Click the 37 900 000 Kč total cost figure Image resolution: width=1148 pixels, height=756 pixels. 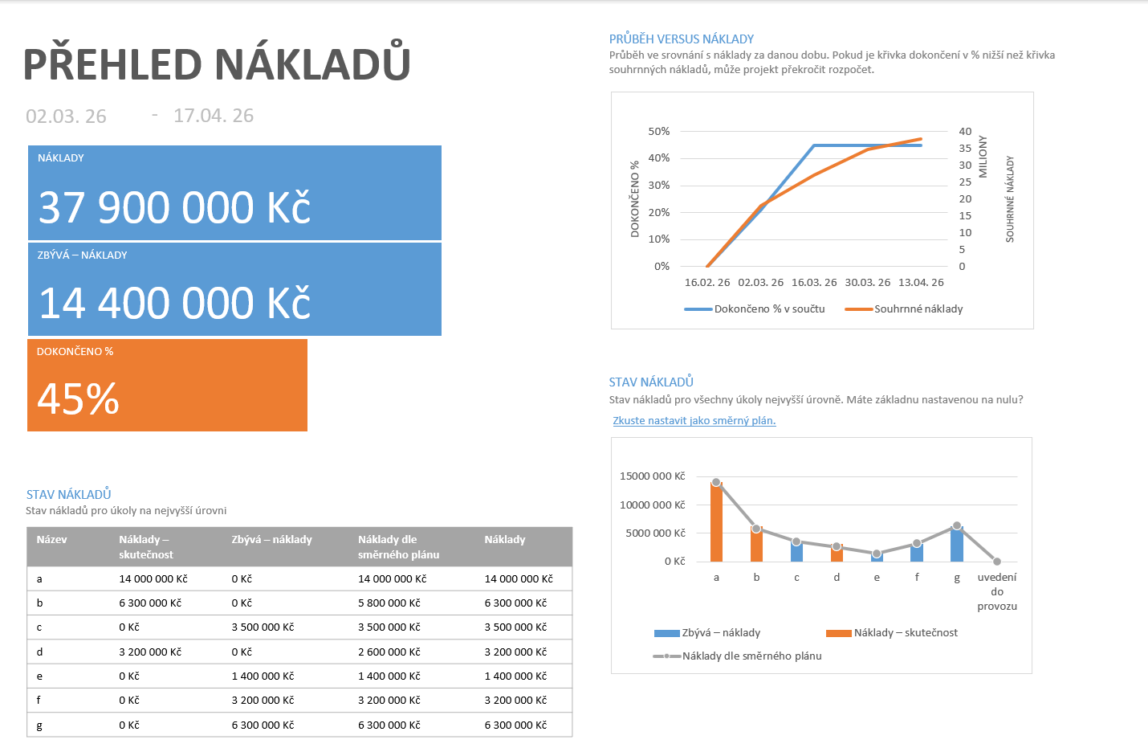click(x=175, y=207)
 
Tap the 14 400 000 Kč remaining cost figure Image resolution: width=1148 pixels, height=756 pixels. click(x=175, y=303)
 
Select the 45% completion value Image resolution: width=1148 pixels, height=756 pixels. click(x=78, y=398)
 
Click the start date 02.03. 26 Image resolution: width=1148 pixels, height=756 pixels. click(x=66, y=116)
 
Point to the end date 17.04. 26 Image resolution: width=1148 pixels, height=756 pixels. click(x=214, y=116)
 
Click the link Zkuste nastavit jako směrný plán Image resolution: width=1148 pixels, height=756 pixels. click(x=694, y=420)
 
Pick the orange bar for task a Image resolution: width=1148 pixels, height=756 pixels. click(x=716, y=521)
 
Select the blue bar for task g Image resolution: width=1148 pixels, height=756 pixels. click(x=957, y=544)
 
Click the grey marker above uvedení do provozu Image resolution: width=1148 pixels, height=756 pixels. click(x=997, y=561)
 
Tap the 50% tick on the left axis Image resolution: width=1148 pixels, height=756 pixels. click(x=659, y=131)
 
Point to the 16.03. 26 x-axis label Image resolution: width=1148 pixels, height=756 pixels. click(x=814, y=283)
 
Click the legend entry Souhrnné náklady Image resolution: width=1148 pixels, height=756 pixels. click(x=904, y=309)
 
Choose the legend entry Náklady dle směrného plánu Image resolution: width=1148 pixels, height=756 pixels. click(x=737, y=656)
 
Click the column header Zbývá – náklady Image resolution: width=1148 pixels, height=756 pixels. click(x=271, y=540)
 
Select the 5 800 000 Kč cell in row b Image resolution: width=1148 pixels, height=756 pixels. click(x=389, y=603)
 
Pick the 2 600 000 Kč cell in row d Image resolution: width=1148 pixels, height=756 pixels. click(x=389, y=652)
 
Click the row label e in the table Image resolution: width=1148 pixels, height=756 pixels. click(x=39, y=676)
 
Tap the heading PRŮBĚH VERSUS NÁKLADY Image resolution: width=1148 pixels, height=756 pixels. click(x=681, y=39)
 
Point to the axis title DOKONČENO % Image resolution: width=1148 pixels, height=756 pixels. click(x=635, y=199)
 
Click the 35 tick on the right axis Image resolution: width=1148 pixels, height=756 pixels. click(x=965, y=148)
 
